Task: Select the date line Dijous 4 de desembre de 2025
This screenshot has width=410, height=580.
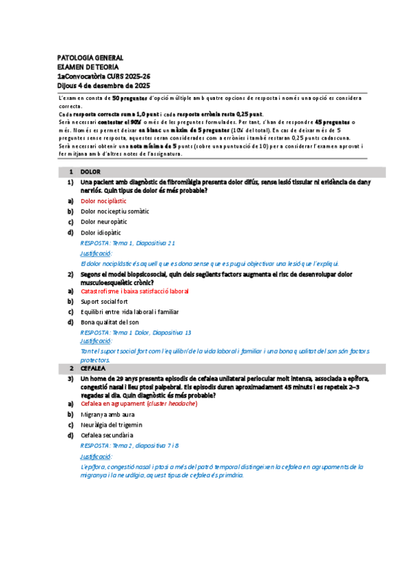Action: click(x=103, y=86)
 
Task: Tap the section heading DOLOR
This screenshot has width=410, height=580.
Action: click(x=90, y=172)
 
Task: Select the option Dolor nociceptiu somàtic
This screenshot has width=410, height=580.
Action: click(x=115, y=212)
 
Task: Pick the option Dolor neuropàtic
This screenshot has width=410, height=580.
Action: click(x=107, y=222)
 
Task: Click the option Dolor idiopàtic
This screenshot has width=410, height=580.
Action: click(x=101, y=232)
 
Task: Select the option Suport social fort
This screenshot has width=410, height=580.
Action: click(x=104, y=301)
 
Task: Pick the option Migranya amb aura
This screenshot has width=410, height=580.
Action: click(x=107, y=414)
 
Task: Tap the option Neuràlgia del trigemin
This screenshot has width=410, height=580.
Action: click(x=112, y=425)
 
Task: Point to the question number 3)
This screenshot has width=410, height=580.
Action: click(x=70, y=378)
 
